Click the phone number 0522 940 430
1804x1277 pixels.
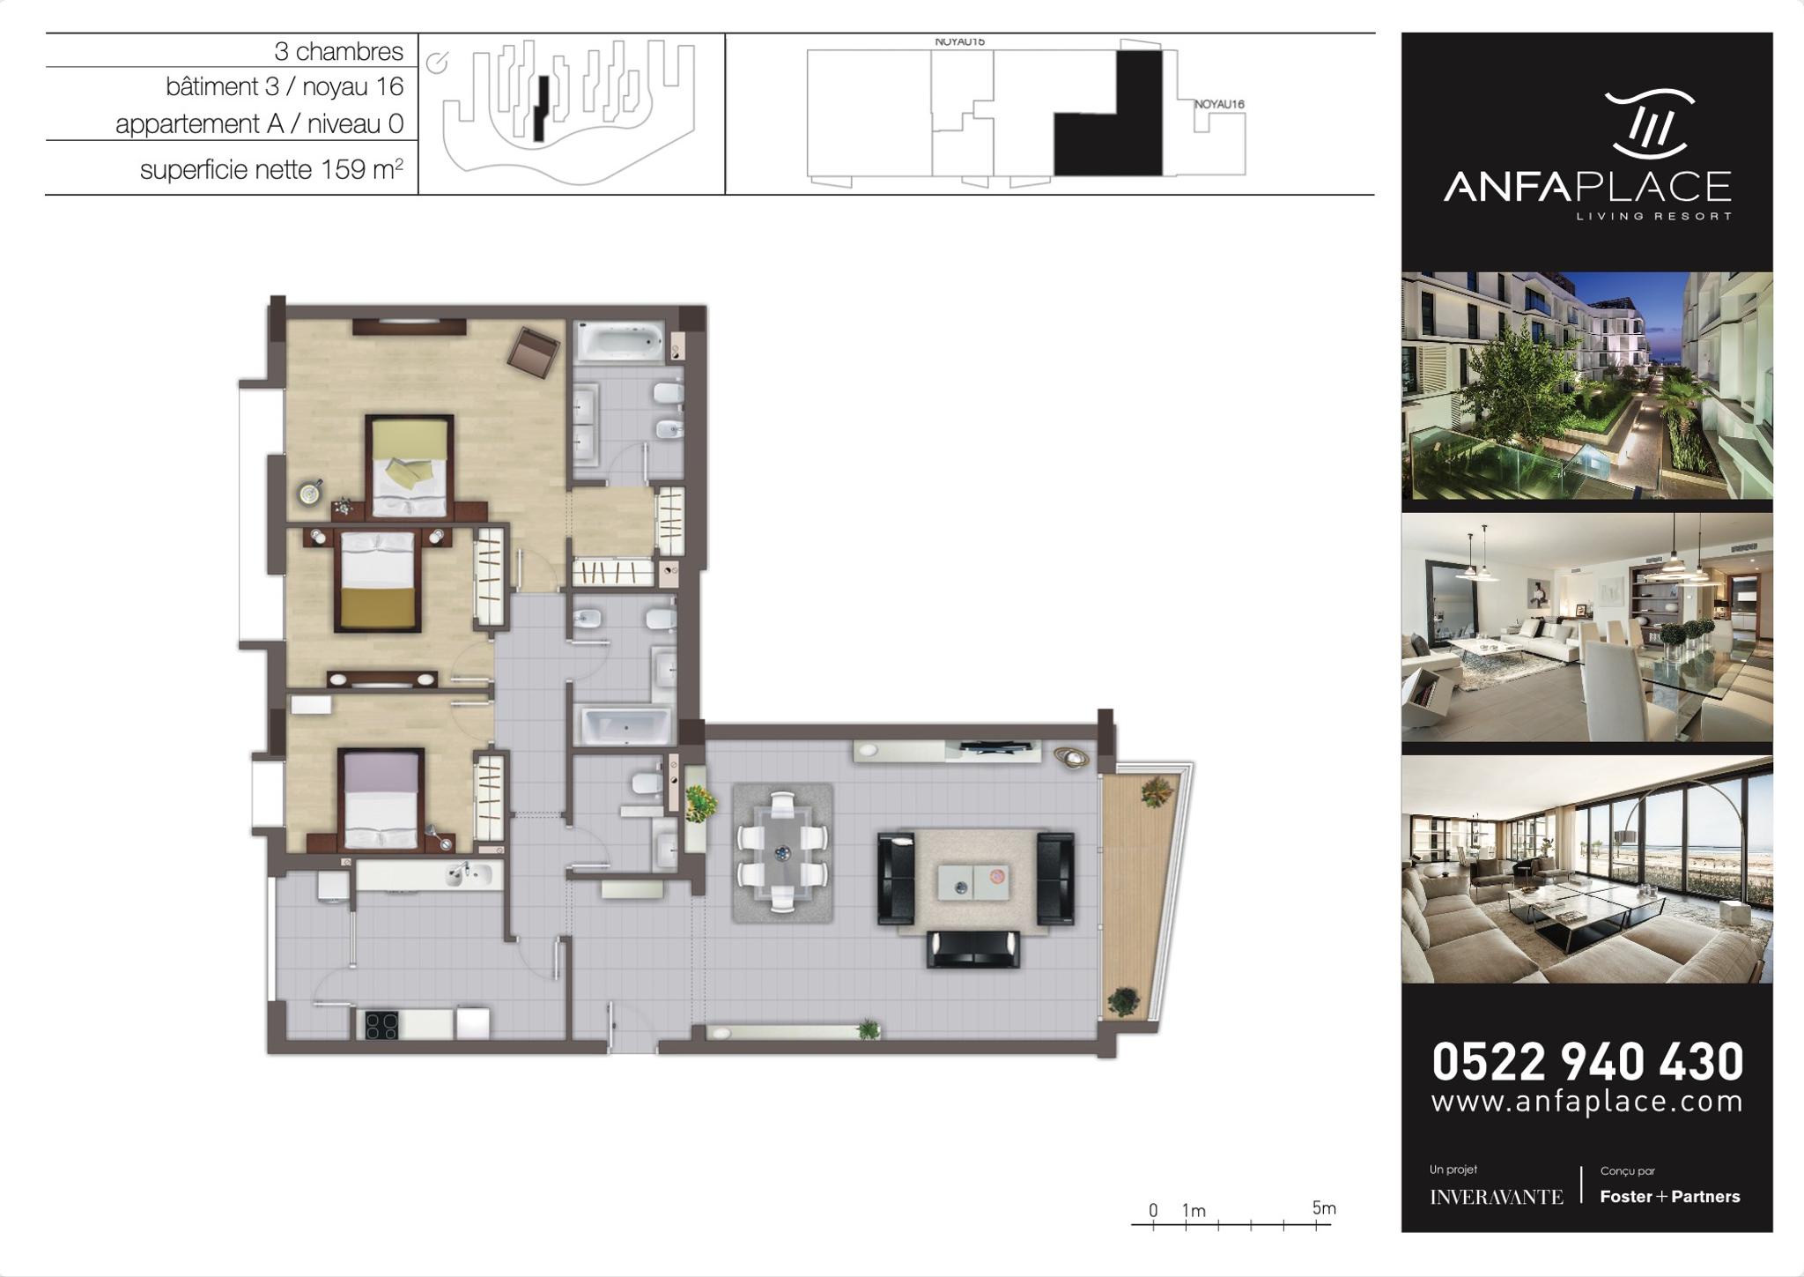(1587, 1061)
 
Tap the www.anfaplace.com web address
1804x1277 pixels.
(1587, 1103)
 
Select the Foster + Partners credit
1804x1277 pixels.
(1669, 1197)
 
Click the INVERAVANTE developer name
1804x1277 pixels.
(1496, 1197)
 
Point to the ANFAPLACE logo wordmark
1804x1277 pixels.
(1587, 187)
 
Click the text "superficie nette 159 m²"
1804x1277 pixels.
(271, 168)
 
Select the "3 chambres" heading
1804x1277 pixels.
(338, 51)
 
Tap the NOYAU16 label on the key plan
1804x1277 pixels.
(1219, 104)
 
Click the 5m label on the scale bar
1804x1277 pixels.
(1324, 1208)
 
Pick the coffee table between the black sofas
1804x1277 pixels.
(972, 882)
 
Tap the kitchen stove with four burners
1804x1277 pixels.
(381, 1025)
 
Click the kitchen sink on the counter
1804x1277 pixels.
(468, 874)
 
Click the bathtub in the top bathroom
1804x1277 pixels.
(620, 342)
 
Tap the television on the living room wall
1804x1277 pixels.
(996, 748)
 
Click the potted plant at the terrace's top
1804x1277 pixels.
(1157, 791)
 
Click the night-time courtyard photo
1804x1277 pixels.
(1586, 386)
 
